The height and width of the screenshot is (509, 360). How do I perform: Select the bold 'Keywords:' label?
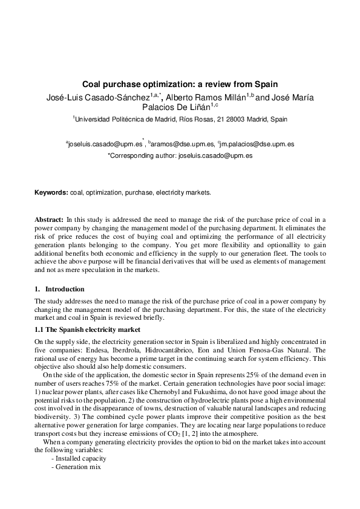click(x=51, y=192)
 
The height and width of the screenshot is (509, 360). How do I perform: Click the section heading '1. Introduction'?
click(x=59, y=289)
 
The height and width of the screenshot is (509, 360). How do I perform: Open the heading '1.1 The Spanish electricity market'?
click(x=87, y=329)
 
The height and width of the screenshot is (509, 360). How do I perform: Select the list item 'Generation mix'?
click(x=76, y=467)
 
